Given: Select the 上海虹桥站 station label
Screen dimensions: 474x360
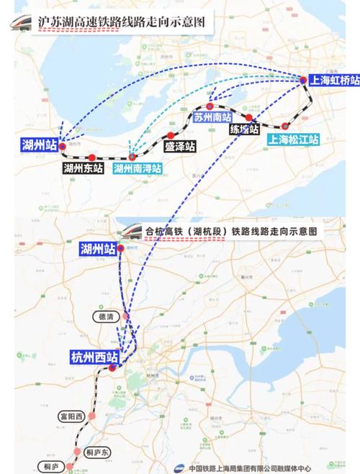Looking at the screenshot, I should (333, 80).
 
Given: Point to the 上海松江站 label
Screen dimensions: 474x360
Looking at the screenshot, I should (293, 140).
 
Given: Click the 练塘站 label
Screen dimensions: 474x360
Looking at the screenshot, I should (244, 130).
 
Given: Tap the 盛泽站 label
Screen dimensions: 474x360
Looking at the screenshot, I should (179, 147).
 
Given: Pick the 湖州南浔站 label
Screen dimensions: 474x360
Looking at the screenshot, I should (138, 170).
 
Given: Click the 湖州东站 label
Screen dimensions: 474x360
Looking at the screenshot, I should (83, 170).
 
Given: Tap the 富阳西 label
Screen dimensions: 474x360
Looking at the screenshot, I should (72, 416).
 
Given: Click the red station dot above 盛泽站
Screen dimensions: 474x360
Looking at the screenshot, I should (171, 135).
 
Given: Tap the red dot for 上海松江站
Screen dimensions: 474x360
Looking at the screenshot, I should (284, 126).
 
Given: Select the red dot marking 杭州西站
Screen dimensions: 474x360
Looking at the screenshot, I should (112, 368).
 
